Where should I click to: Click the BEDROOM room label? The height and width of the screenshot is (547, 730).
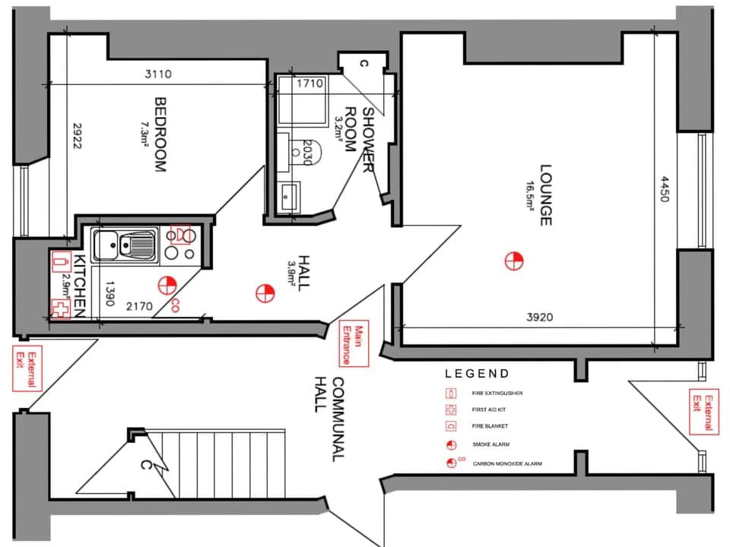(160, 134)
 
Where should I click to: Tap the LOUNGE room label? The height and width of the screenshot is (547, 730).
(545, 195)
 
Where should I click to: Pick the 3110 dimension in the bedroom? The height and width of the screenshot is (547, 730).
(158, 74)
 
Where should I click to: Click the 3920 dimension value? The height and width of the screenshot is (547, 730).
(538, 318)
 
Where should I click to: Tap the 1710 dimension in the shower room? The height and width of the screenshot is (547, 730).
(310, 83)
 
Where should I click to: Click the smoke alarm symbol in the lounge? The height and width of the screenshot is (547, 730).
(514, 261)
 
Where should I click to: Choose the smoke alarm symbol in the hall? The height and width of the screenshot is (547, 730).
(265, 292)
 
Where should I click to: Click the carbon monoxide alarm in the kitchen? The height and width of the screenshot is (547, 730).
(167, 286)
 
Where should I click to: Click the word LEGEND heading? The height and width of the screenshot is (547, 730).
(477, 374)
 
